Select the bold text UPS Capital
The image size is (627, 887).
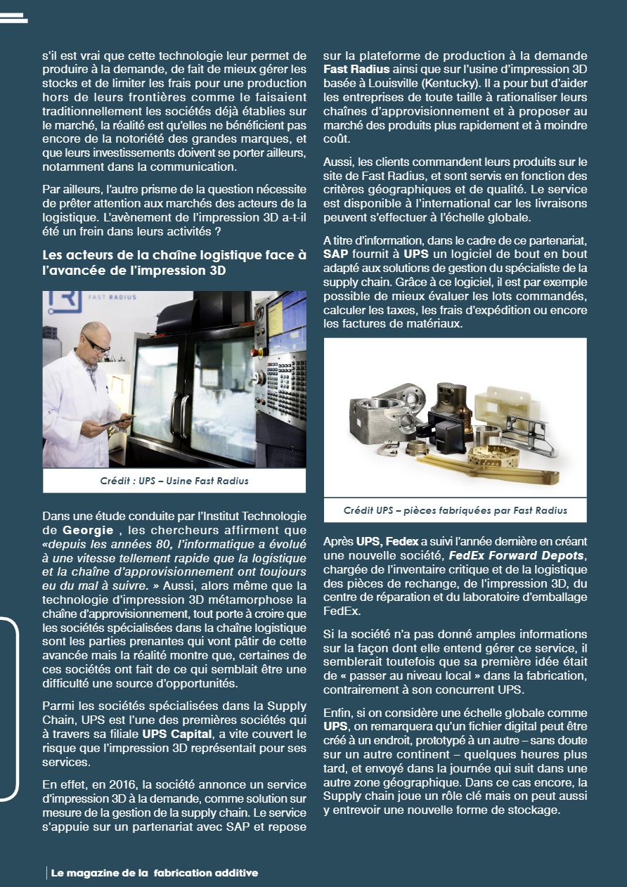pos(177,734)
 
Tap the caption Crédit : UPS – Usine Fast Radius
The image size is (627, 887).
pos(174,481)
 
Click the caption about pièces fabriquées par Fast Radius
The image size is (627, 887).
pos(455,510)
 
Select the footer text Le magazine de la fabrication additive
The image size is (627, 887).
pos(155,873)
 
